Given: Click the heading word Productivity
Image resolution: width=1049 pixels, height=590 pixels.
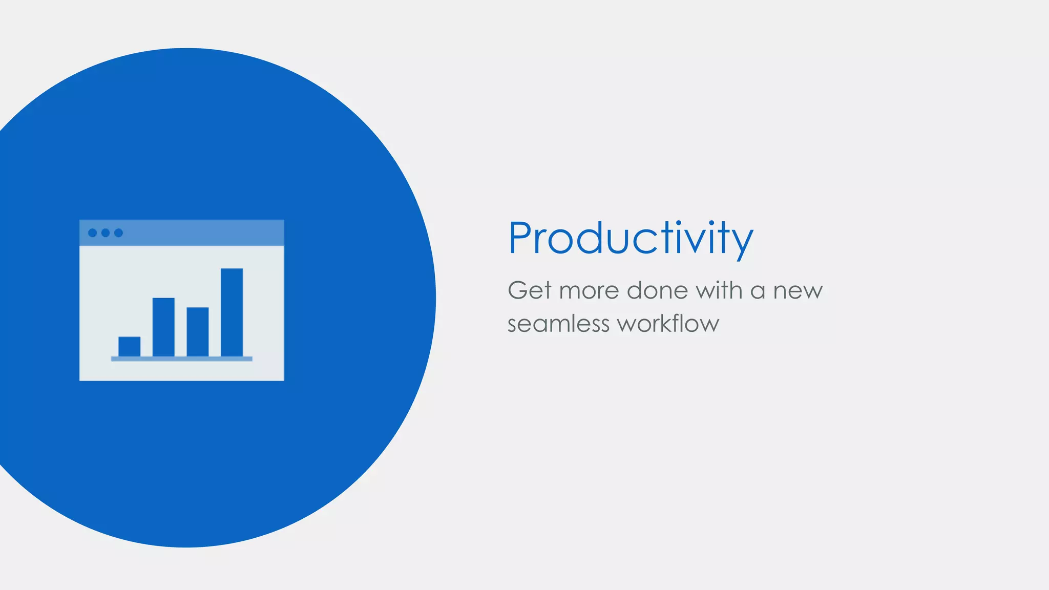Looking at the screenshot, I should tap(630, 238).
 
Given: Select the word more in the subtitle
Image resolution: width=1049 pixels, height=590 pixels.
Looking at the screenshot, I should tap(589, 291).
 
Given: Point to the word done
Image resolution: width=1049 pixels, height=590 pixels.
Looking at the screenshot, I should tap(657, 290).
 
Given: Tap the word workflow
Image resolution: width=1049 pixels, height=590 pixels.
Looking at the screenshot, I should tap(668, 324).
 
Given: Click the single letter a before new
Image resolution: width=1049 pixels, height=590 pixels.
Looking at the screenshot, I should tap(758, 292).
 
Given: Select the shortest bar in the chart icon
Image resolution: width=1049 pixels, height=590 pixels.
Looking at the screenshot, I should tap(129, 346).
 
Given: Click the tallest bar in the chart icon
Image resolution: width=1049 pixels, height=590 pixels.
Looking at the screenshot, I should tap(232, 312).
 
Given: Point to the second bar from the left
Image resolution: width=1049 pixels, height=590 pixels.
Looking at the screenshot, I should tap(163, 327).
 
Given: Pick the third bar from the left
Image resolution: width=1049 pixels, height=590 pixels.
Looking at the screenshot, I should tap(197, 331).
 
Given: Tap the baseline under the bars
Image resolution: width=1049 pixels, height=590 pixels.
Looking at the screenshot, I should tap(181, 359).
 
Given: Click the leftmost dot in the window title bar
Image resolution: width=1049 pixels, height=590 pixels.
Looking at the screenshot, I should tap(93, 233).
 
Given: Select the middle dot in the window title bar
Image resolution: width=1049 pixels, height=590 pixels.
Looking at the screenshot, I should tap(106, 233).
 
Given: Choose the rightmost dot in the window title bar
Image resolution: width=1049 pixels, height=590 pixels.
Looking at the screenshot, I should tap(118, 233).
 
